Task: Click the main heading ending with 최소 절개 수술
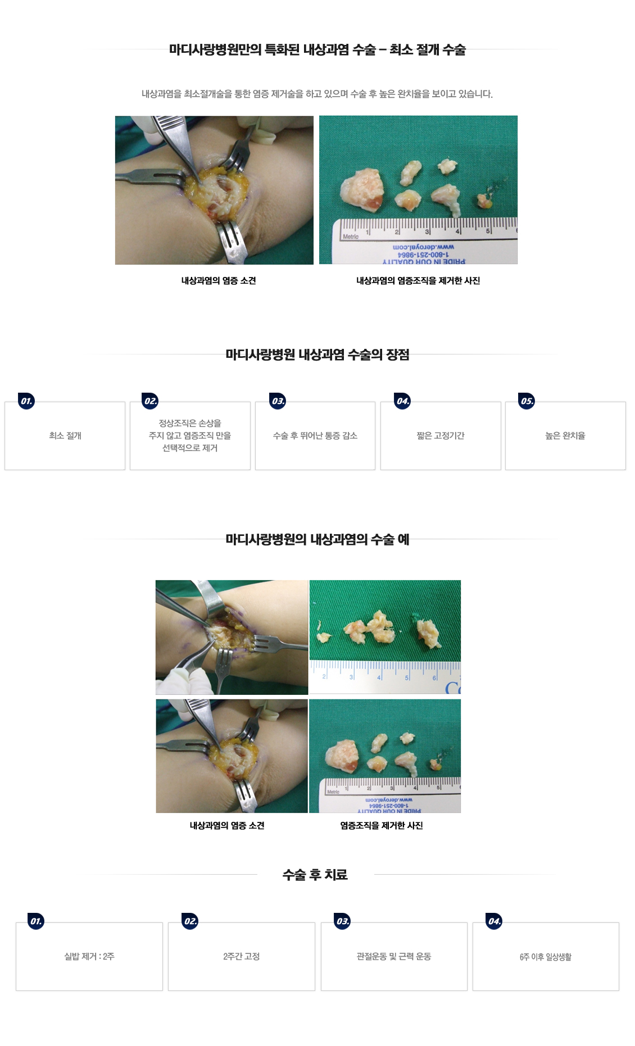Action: pyautogui.click(x=317, y=50)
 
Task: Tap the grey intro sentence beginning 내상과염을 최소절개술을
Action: pyautogui.click(x=317, y=94)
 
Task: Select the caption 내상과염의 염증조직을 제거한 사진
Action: pyautogui.click(x=418, y=281)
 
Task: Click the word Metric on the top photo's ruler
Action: pyautogui.click(x=351, y=237)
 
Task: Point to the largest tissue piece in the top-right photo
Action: pyautogui.click(x=362, y=188)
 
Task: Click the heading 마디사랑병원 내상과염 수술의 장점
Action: pyautogui.click(x=317, y=355)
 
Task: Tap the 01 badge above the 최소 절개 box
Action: pyautogui.click(x=26, y=401)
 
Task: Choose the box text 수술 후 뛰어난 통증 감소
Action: pyautogui.click(x=315, y=436)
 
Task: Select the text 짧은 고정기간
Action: pyautogui.click(x=441, y=436)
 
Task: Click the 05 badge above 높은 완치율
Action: pyautogui.click(x=527, y=401)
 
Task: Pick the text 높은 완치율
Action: pyautogui.click(x=565, y=436)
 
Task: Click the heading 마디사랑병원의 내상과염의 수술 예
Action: pyautogui.click(x=317, y=540)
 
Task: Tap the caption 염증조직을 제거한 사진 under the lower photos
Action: pyautogui.click(x=382, y=826)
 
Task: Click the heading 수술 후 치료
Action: pyautogui.click(x=315, y=875)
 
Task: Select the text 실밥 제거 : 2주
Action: pyautogui.click(x=89, y=957)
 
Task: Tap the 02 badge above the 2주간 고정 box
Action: pyautogui.click(x=190, y=921)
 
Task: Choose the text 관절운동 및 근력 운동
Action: pyautogui.click(x=394, y=957)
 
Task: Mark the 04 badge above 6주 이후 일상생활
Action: pyautogui.click(x=495, y=921)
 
